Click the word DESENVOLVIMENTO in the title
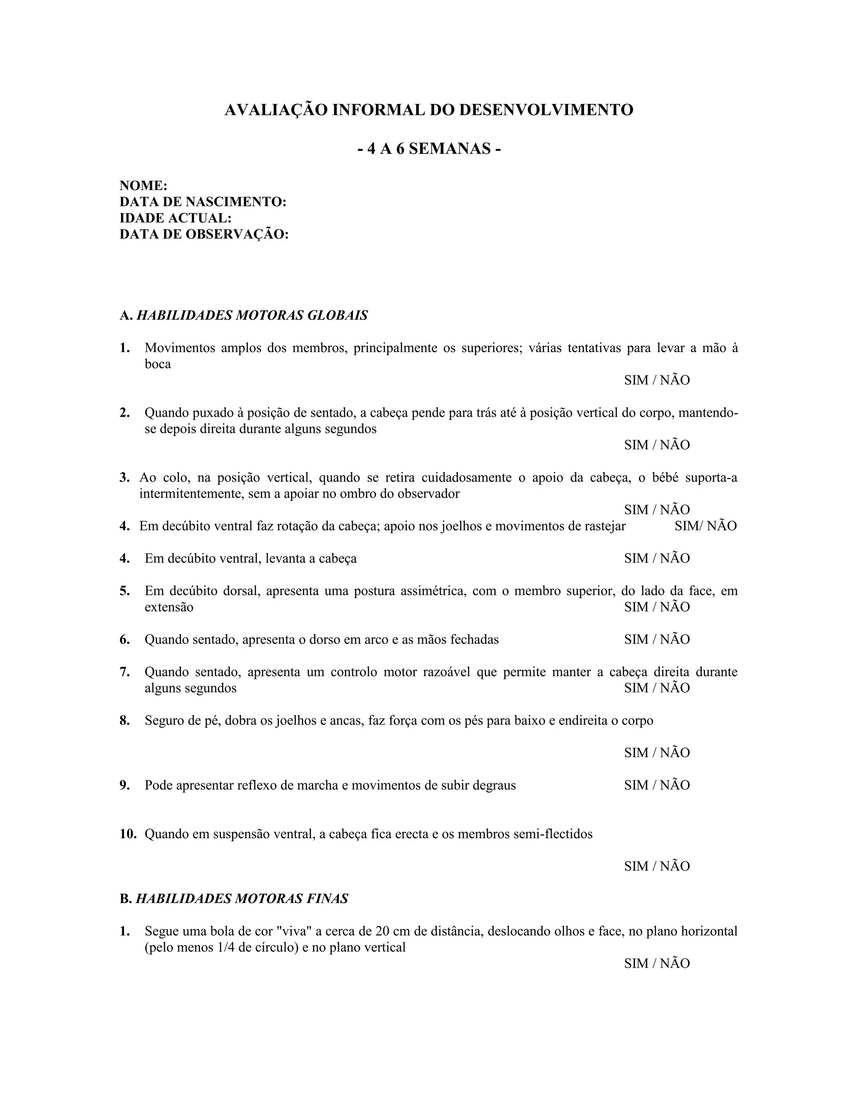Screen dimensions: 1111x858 546,110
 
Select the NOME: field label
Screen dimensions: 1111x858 143,186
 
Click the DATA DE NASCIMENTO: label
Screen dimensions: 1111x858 203,202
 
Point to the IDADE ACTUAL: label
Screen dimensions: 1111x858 176,218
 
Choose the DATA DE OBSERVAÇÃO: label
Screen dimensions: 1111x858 204,234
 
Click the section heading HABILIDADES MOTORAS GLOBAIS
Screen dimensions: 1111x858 252,315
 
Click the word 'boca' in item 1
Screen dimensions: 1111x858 158,364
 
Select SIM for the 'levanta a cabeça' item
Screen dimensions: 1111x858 636,558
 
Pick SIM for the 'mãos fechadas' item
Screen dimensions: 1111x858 636,639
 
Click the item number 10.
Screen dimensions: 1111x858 128,834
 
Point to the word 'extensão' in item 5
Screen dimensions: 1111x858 169,607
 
